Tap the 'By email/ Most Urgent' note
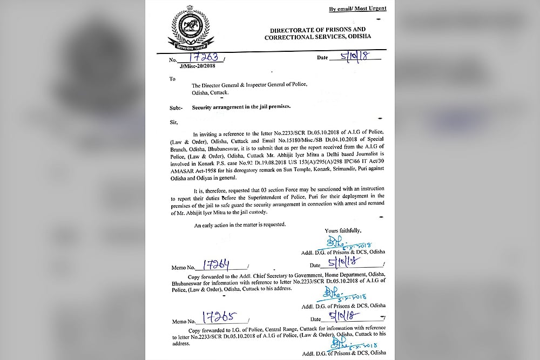click(358, 9)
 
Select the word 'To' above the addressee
click(173, 78)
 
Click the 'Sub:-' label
click(177, 107)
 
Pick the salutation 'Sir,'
click(174, 123)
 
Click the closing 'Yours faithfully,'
click(347, 230)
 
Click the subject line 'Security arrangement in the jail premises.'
click(241, 107)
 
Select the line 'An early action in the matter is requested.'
click(240, 224)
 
